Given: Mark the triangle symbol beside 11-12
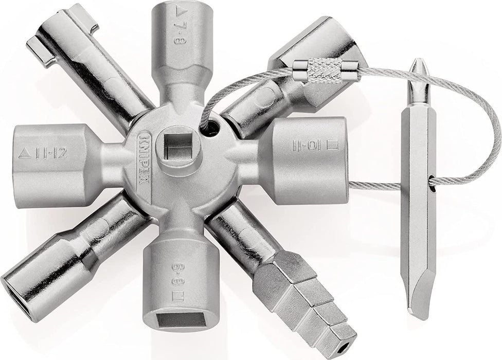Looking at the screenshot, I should coord(23,153).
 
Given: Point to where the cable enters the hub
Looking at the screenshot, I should coord(208,131).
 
